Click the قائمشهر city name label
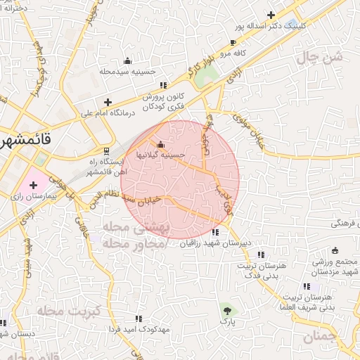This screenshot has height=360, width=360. click(25, 139)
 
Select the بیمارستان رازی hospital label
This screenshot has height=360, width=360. click(25, 198)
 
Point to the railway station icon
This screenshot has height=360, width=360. click(106, 150)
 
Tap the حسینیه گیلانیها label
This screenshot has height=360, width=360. click(162, 154)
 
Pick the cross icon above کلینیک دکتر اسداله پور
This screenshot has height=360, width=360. click(271, 15)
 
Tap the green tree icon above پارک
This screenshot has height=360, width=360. click(226, 309)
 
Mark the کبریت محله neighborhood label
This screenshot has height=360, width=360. click(68, 310)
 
